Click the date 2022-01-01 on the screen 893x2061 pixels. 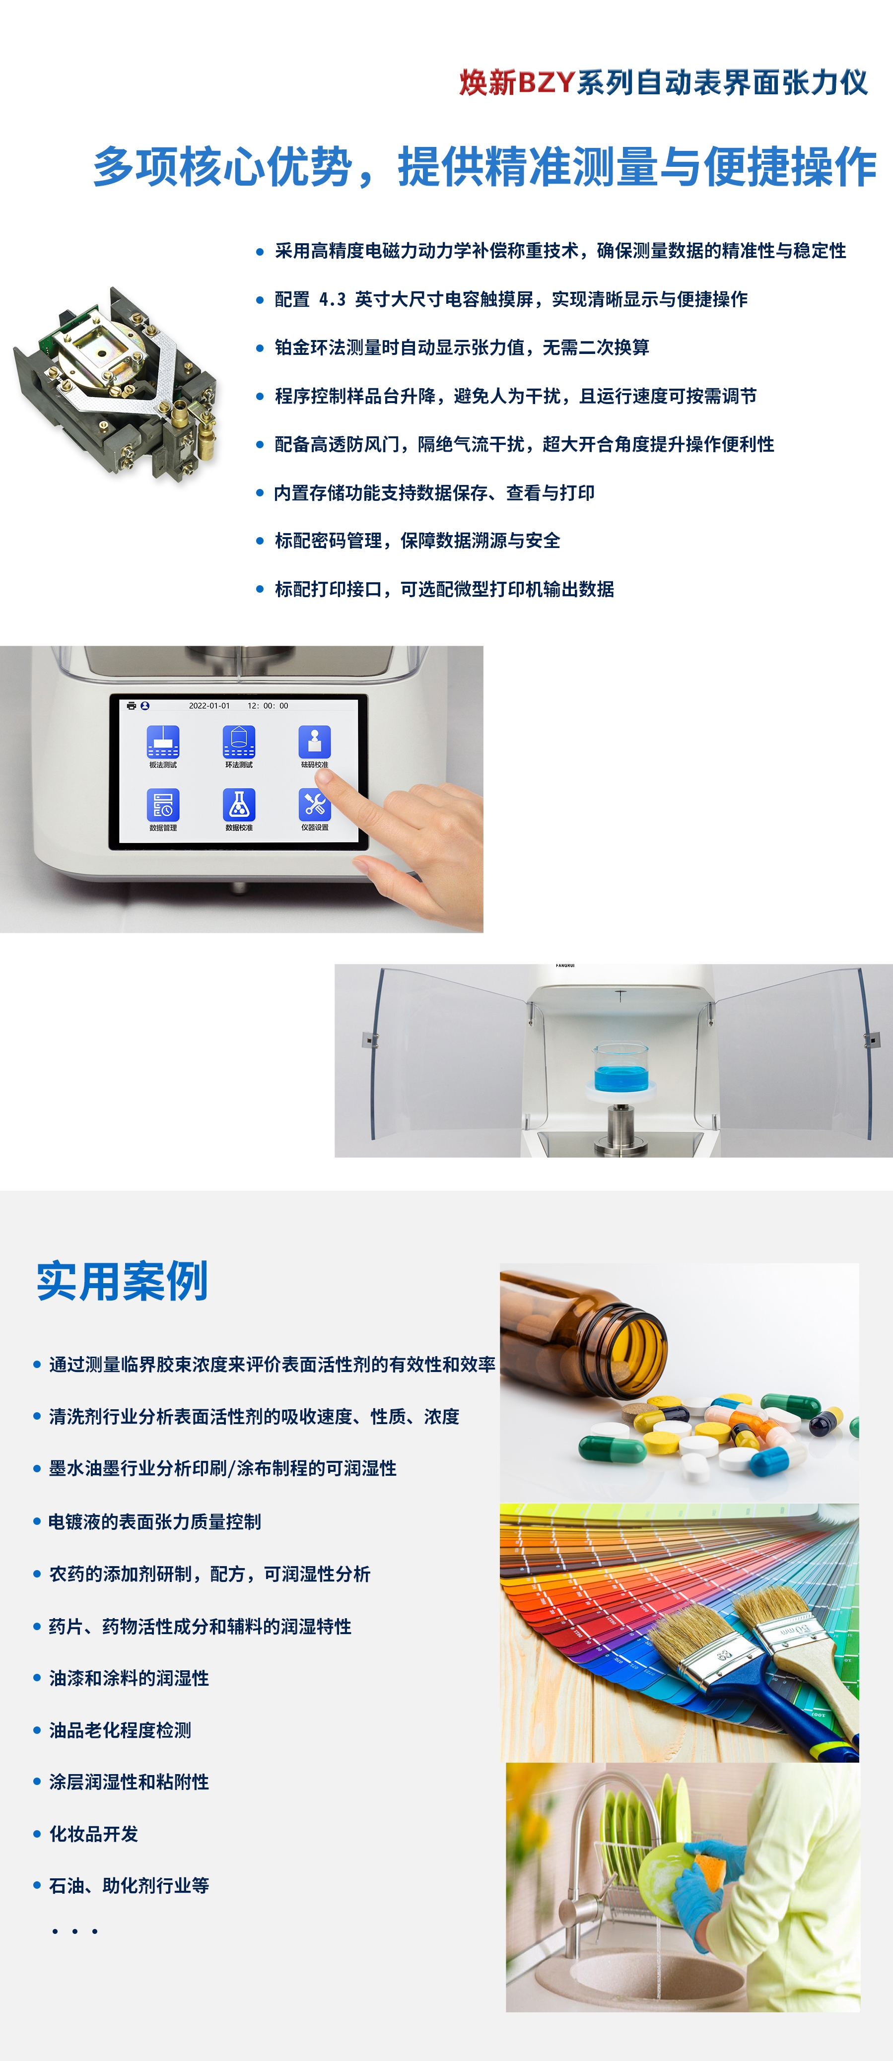pyautogui.click(x=209, y=706)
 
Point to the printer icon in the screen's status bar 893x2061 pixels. pyautogui.click(x=131, y=706)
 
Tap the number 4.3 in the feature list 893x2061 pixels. pyautogui.click(x=332, y=299)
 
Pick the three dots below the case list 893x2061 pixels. pyautogui.click(x=74, y=1931)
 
